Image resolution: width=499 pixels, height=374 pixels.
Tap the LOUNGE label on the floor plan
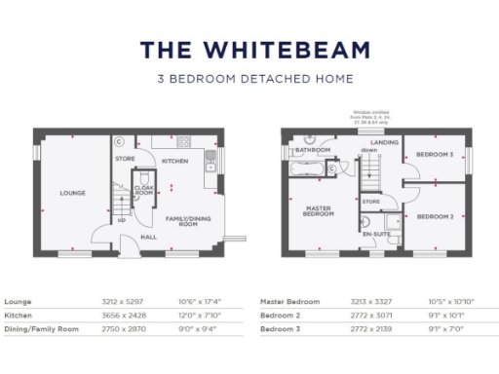[72, 193]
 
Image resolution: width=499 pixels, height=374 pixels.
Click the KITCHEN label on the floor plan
[174, 161]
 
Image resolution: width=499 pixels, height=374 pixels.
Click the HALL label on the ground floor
[149, 237]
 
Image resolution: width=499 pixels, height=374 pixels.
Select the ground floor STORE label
[124, 157]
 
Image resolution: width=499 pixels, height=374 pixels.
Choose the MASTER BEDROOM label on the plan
[320, 210]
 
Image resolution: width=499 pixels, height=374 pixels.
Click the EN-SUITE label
[375, 235]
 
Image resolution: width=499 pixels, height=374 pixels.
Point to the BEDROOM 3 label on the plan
[434, 154]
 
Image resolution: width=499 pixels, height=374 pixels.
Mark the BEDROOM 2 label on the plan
[434, 215]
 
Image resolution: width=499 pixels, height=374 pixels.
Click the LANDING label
[382, 143]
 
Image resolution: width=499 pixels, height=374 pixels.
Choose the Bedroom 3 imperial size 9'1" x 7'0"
[446, 331]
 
